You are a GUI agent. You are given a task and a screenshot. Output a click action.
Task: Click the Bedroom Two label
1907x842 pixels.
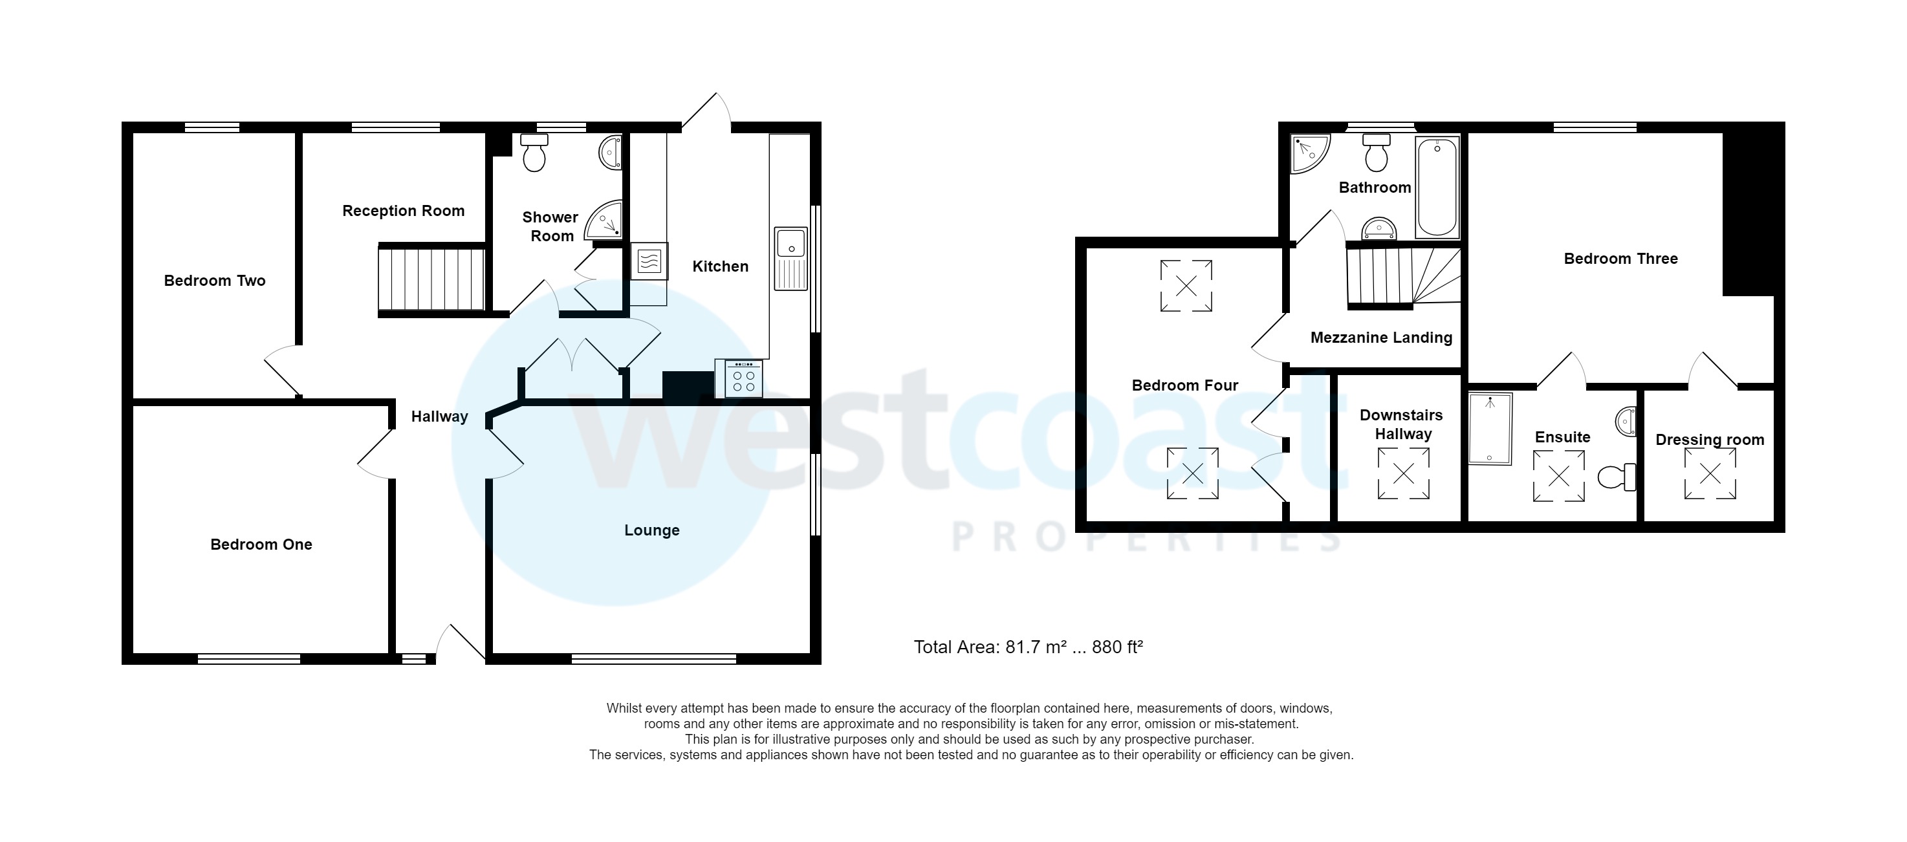click(214, 281)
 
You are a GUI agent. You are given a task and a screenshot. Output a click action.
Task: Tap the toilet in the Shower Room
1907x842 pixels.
click(534, 153)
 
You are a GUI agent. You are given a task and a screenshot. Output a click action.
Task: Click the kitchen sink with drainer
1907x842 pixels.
click(790, 258)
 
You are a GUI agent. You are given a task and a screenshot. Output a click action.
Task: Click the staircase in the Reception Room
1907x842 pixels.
click(431, 279)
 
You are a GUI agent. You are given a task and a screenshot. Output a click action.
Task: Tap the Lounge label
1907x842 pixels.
click(651, 530)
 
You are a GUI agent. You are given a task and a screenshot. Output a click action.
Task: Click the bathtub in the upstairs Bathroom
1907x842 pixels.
click(1437, 186)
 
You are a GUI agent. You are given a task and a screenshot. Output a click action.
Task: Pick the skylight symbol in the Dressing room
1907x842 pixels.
click(1710, 473)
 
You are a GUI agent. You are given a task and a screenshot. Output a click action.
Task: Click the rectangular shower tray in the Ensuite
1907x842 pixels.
click(1490, 428)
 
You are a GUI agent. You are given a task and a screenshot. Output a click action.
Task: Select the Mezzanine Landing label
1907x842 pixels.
click(1380, 338)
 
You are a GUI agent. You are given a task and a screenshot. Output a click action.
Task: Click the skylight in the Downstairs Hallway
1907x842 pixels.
click(1403, 473)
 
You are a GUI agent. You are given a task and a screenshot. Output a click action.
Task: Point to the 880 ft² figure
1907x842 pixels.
click(1117, 647)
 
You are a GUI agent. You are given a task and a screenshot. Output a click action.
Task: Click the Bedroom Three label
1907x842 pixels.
click(1620, 258)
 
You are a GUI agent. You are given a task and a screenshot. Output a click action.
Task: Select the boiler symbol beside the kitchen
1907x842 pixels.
click(649, 261)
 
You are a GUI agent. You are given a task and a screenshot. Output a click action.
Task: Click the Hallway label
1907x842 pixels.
click(439, 416)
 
